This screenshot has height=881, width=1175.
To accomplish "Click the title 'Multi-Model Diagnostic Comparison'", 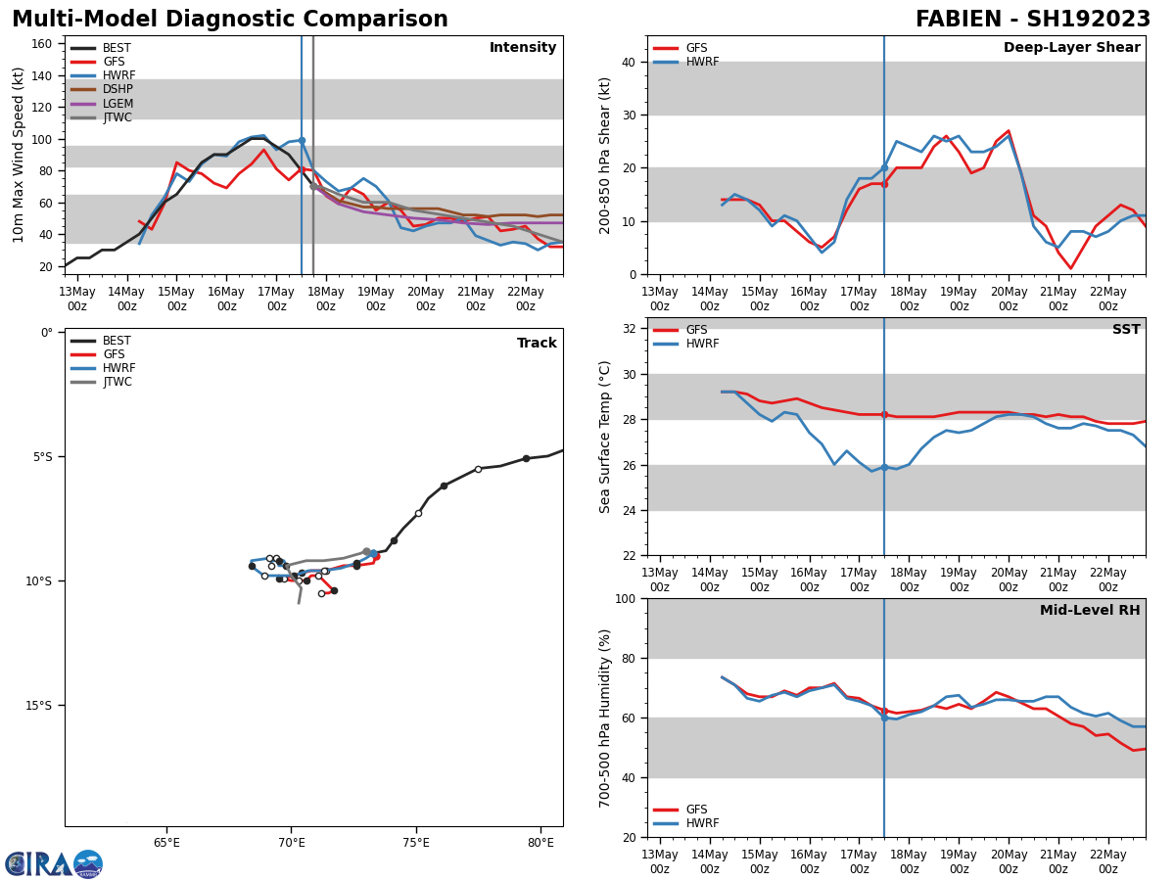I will (229, 20).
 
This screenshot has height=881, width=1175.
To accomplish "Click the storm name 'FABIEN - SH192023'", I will (1032, 20).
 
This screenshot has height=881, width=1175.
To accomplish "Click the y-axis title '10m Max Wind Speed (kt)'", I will (19, 155).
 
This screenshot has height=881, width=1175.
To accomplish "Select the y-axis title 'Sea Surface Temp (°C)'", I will (605, 437).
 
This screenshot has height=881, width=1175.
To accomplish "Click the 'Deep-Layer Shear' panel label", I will (1071, 48).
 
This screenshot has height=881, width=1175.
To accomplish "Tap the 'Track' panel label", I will (537, 344).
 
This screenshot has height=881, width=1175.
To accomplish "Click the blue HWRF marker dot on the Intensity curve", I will (302, 141).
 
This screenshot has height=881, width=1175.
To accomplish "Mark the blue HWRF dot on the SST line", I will (884, 467).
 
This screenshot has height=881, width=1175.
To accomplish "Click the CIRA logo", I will (54, 863).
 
